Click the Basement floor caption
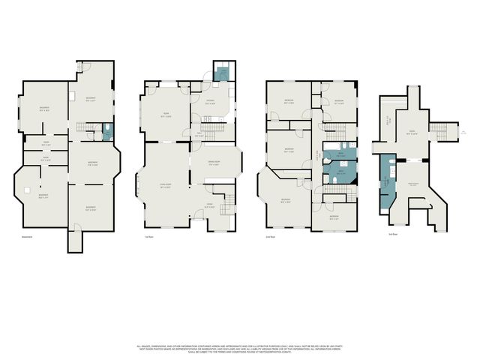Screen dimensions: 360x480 click(27, 238)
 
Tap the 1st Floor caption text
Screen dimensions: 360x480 click(149, 238)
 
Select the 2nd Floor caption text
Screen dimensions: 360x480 click(271, 238)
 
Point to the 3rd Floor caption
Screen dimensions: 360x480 click(392, 234)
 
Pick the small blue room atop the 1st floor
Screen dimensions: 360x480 click(222, 73)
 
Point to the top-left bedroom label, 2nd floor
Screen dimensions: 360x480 click(289, 102)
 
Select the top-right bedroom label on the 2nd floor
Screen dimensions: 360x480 click(338, 101)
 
